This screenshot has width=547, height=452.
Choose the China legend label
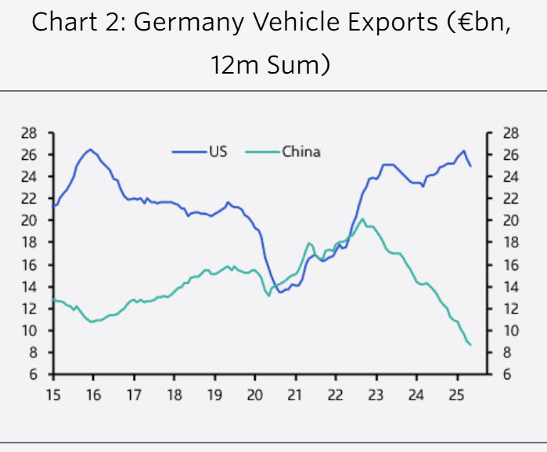click(x=301, y=152)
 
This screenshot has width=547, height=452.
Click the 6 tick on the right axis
click(x=507, y=374)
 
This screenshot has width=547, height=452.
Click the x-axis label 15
click(x=53, y=393)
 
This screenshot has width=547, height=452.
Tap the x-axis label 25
click(x=457, y=393)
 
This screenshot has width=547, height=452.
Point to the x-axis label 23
click(x=376, y=393)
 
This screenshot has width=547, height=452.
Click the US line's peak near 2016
click(x=91, y=149)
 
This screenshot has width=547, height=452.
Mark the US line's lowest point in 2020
click(x=279, y=292)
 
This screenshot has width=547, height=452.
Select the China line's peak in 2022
click(x=362, y=219)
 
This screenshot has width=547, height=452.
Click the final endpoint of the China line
click(x=470, y=345)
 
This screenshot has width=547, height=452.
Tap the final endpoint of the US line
click(x=470, y=166)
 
